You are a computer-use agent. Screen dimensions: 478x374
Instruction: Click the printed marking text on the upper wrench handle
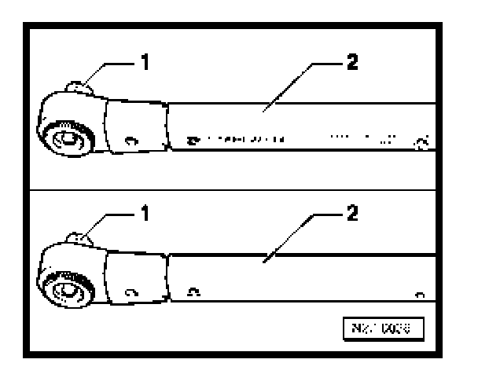coord(236,141)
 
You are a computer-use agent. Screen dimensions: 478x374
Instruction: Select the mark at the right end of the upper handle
coord(422,141)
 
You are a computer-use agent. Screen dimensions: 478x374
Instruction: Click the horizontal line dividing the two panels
coord(236,192)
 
